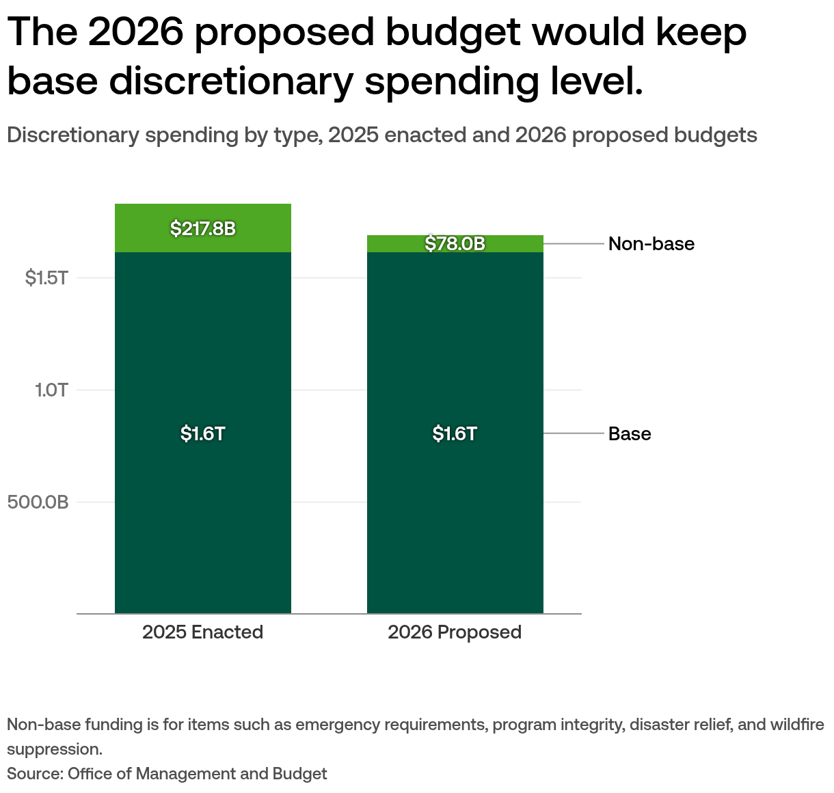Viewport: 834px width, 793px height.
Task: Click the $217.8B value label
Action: pyautogui.click(x=203, y=228)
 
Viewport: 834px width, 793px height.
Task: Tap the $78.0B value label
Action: pyautogui.click(x=455, y=244)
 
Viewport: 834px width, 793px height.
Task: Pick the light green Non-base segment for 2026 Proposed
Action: pyautogui.click(x=390, y=244)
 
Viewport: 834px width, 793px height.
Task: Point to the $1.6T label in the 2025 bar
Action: pyautogui.click(x=203, y=433)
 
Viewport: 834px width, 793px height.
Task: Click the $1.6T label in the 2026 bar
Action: pyautogui.click(x=455, y=433)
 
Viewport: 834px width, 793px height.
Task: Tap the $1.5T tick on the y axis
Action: pyautogui.click(x=47, y=278)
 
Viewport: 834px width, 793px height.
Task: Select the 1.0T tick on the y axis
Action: pyautogui.click(x=52, y=390)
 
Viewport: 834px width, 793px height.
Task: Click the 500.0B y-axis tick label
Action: pyautogui.click(x=38, y=502)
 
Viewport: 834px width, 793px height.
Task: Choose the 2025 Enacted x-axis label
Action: pyautogui.click(x=203, y=632)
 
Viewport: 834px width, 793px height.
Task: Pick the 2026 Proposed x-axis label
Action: pyautogui.click(x=455, y=632)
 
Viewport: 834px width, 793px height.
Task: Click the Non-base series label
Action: pyautogui.click(x=651, y=244)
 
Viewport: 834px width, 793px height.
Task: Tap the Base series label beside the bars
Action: pyautogui.click(x=630, y=434)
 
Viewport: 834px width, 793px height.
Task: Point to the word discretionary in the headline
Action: pyautogui.click(x=231, y=81)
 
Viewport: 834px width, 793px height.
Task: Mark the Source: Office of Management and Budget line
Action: pyautogui.click(x=167, y=774)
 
